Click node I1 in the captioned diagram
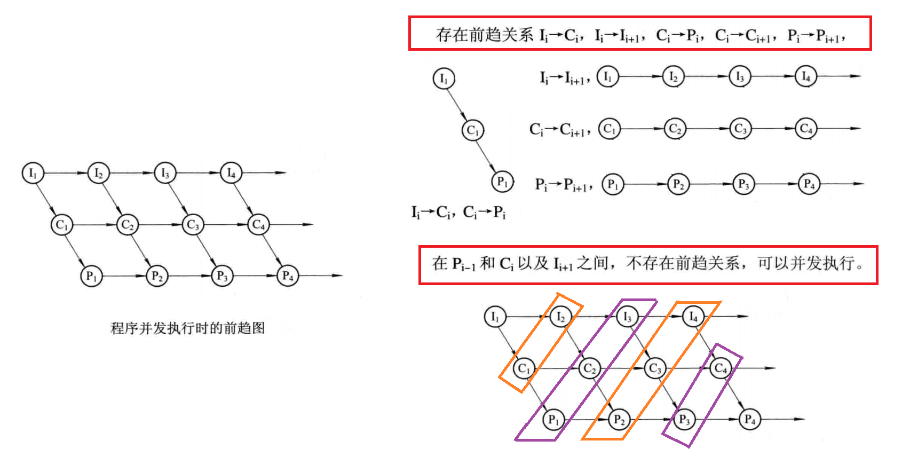(x=33, y=173)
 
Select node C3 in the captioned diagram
(x=193, y=225)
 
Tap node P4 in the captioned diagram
(x=288, y=276)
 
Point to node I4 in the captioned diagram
(x=231, y=173)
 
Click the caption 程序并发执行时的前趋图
(x=187, y=328)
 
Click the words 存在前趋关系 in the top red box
(x=484, y=35)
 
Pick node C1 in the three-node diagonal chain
(x=473, y=130)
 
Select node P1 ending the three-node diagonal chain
(x=502, y=182)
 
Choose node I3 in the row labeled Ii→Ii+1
(x=740, y=77)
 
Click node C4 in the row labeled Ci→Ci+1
(x=806, y=129)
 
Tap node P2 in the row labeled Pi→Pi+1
(x=678, y=185)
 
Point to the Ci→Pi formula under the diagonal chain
(x=484, y=213)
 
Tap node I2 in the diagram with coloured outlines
(x=560, y=317)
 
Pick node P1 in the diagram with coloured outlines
(x=553, y=420)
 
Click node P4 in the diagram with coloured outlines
(x=750, y=420)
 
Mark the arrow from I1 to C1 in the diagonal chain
(x=457, y=104)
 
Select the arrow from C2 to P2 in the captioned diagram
(x=142, y=250)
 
